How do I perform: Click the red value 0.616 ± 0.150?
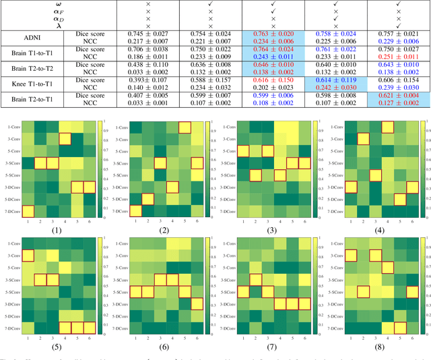(272, 79)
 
